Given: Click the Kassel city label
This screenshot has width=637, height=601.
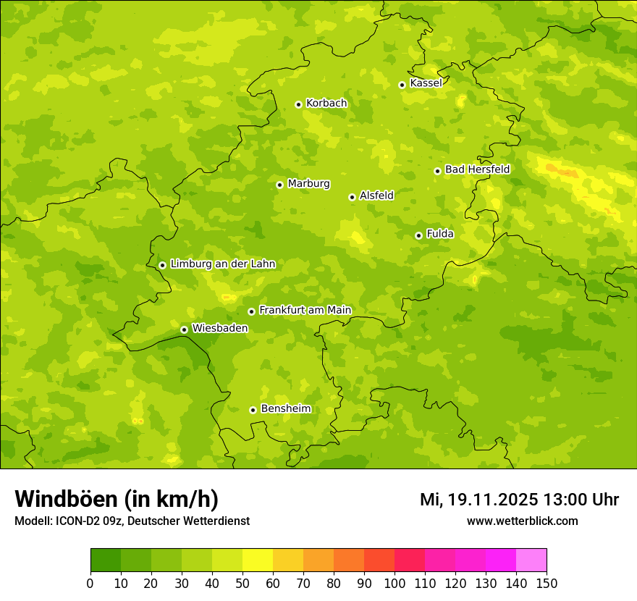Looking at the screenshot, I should point(426,83).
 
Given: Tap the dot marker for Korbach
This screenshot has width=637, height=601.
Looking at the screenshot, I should point(298,104).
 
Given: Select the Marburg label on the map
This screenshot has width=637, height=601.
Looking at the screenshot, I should point(308,184).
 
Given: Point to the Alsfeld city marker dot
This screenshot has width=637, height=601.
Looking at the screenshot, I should point(352,197).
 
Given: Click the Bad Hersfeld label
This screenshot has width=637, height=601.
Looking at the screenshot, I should point(477,169).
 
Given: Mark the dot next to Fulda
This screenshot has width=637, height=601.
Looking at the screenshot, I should point(418,235).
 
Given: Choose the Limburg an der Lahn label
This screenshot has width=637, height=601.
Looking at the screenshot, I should point(222,264).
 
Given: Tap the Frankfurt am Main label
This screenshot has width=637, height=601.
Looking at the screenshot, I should point(305,311).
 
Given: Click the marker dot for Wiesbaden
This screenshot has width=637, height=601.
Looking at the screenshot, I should point(184,329).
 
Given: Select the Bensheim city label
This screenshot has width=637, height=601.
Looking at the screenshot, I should point(285,409).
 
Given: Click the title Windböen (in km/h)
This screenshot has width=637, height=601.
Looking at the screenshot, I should point(117,499).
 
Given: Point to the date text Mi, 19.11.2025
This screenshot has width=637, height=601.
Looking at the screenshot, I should point(478,500).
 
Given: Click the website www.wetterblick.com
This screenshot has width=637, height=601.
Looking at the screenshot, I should point(522,521).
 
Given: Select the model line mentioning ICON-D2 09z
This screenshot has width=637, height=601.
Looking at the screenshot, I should point(132,521).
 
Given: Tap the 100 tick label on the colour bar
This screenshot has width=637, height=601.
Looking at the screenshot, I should point(395,583).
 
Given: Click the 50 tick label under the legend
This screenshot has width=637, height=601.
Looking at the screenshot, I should point(242,583).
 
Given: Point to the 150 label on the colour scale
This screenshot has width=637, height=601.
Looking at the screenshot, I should point(547,583).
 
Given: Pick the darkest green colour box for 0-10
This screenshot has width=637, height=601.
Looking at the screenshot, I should point(106,560).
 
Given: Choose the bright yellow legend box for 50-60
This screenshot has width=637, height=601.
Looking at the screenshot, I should point(258,560).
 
